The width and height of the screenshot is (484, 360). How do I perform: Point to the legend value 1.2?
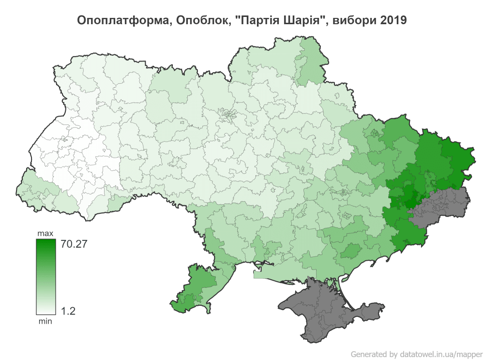69,311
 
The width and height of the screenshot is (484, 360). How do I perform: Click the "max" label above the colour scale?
45,234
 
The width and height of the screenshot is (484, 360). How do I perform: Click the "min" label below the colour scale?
45,320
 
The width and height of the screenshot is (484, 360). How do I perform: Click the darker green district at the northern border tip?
312,65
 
